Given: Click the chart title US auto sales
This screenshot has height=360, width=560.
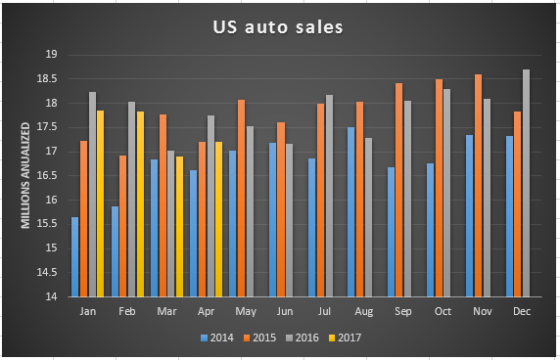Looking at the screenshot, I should (x=278, y=27).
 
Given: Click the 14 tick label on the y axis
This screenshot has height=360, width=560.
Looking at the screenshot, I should (x=49, y=296).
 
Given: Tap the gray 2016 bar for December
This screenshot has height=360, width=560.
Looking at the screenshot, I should (x=526, y=183).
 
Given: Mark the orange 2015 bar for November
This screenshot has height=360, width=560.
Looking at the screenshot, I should (x=476, y=185).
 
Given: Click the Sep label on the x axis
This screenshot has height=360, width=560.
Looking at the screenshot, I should (x=401, y=311).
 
